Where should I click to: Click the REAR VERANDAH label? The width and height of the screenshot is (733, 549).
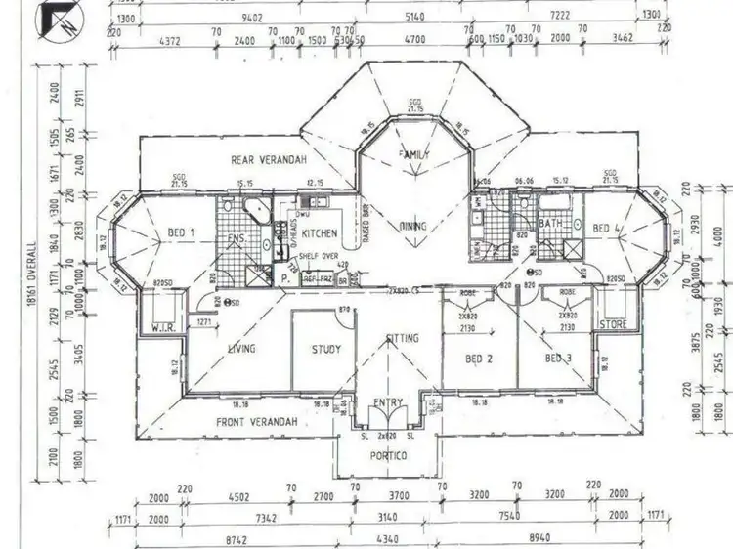click(264, 160)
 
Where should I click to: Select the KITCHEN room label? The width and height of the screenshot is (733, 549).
click(320, 234)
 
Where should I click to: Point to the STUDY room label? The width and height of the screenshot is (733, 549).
click(326, 349)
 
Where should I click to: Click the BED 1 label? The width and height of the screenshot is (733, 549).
click(181, 232)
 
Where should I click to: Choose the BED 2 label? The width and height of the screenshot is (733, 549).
click(476, 359)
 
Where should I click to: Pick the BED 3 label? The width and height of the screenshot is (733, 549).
click(557, 359)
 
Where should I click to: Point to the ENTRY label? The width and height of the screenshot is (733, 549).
click(388, 402)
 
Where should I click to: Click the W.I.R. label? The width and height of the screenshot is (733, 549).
click(163, 328)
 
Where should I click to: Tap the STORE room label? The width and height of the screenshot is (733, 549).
click(614, 324)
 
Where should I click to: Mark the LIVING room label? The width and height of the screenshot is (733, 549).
click(241, 349)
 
